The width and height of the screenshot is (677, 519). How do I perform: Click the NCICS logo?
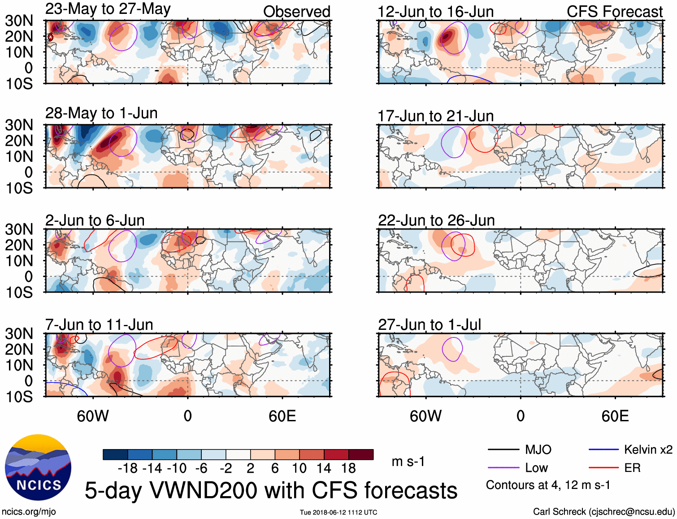point(38,467)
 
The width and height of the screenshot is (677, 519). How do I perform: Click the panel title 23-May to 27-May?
point(108,9)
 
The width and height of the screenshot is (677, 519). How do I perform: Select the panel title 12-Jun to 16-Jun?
point(435,12)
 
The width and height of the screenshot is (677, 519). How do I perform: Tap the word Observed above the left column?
point(296,12)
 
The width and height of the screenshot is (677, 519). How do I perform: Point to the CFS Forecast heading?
point(614,12)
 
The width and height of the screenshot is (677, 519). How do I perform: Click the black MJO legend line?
point(503,450)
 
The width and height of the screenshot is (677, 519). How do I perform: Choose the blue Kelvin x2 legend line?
point(603,450)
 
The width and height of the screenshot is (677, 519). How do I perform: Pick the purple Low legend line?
point(503,468)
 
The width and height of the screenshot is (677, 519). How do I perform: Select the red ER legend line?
point(603,468)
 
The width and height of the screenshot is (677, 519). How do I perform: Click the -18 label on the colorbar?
point(128,468)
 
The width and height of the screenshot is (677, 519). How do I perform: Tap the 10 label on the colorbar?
point(299,468)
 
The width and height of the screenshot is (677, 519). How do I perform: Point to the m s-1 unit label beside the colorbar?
point(408,462)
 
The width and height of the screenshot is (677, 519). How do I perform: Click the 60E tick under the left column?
point(282,416)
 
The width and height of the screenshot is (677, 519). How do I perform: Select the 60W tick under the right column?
point(425,416)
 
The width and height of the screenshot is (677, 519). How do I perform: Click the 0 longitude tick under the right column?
point(520,416)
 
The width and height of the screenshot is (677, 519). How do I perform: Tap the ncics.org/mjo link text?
point(29,512)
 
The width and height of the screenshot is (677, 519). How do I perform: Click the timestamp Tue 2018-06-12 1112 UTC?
point(338,512)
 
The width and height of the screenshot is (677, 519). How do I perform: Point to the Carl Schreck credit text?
point(603,512)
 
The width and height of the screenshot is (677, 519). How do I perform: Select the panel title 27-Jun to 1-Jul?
point(429,324)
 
